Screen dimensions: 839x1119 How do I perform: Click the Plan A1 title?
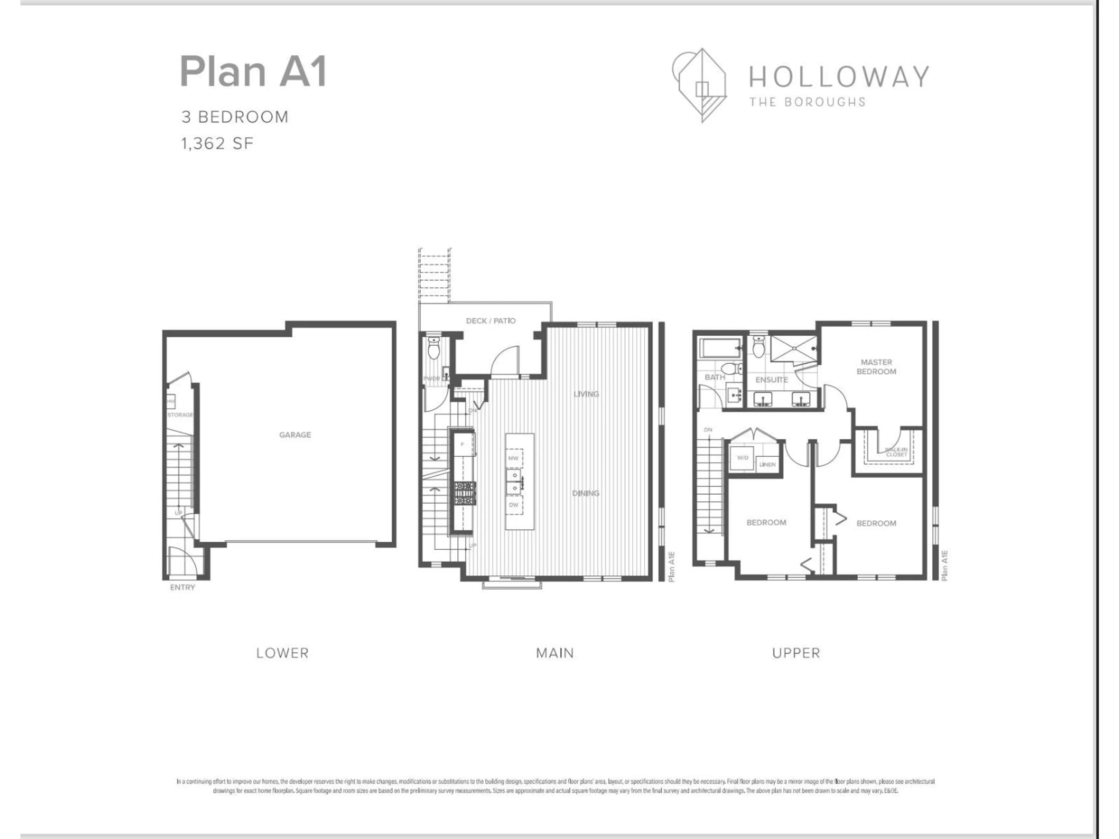pyautogui.click(x=253, y=72)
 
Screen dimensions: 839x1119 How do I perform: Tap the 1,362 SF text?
pyautogui.click(x=217, y=144)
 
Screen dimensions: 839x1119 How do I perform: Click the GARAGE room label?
pyautogui.click(x=295, y=434)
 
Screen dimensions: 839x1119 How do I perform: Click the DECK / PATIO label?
pyautogui.click(x=490, y=321)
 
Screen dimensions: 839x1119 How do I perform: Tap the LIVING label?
pyautogui.click(x=586, y=394)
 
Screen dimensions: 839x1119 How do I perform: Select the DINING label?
pyautogui.click(x=585, y=493)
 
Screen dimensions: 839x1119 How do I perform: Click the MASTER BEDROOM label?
pyautogui.click(x=876, y=367)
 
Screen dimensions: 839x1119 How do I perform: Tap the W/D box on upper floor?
pyautogui.click(x=742, y=458)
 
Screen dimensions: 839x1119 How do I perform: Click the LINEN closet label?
pyautogui.click(x=767, y=464)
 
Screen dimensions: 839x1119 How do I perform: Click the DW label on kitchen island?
pyautogui.click(x=513, y=505)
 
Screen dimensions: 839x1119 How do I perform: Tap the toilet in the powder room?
pyautogui.click(x=434, y=349)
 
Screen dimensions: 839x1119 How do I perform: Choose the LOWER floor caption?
pyautogui.click(x=282, y=653)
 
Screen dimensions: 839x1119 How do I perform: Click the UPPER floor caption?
pyautogui.click(x=796, y=653)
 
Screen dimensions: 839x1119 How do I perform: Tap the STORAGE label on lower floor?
pyautogui.click(x=180, y=415)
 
